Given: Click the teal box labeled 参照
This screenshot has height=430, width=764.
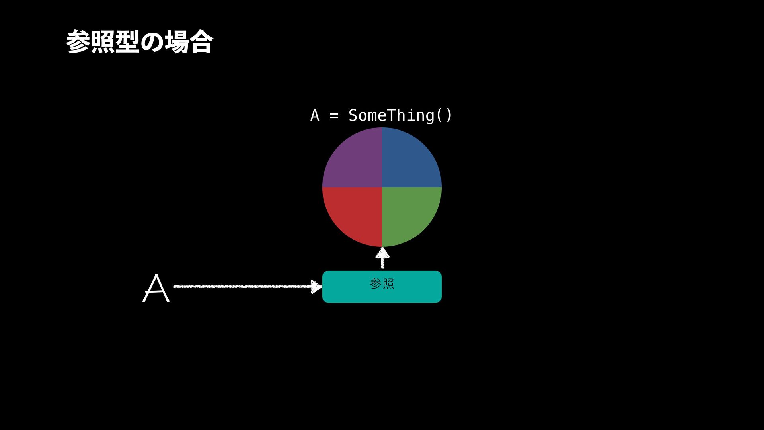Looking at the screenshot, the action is pyautogui.click(x=414, y=293).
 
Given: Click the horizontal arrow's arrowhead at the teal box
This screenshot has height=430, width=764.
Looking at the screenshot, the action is pyautogui.click(x=316, y=287).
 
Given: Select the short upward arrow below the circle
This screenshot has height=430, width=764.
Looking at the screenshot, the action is pyautogui.click(x=382, y=258).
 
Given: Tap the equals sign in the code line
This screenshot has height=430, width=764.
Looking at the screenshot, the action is pyautogui.click(x=334, y=116).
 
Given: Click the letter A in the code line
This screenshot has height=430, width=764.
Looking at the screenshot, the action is pyautogui.click(x=315, y=115).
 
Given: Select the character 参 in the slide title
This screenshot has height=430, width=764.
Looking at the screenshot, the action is pyautogui.click(x=78, y=42).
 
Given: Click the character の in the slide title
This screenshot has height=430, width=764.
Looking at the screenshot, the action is pyautogui.click(x=152, y=42).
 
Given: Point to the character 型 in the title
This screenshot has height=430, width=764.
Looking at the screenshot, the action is pyautogui.click(x=127, y=42).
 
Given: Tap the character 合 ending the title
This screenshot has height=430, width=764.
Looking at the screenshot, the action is pyautogui.click(x=201, y=42).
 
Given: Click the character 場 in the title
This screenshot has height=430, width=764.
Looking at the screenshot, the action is pyautogui.click(x=177, y=42).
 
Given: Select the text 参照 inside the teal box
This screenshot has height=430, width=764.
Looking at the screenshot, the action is pyautogui.click(x=382, y=284).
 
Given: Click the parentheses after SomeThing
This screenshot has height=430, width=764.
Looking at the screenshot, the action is pyautogui.click(x=444, y=115).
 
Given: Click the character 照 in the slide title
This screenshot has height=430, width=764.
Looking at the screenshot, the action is pyautogui.click(x=103, y=42).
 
